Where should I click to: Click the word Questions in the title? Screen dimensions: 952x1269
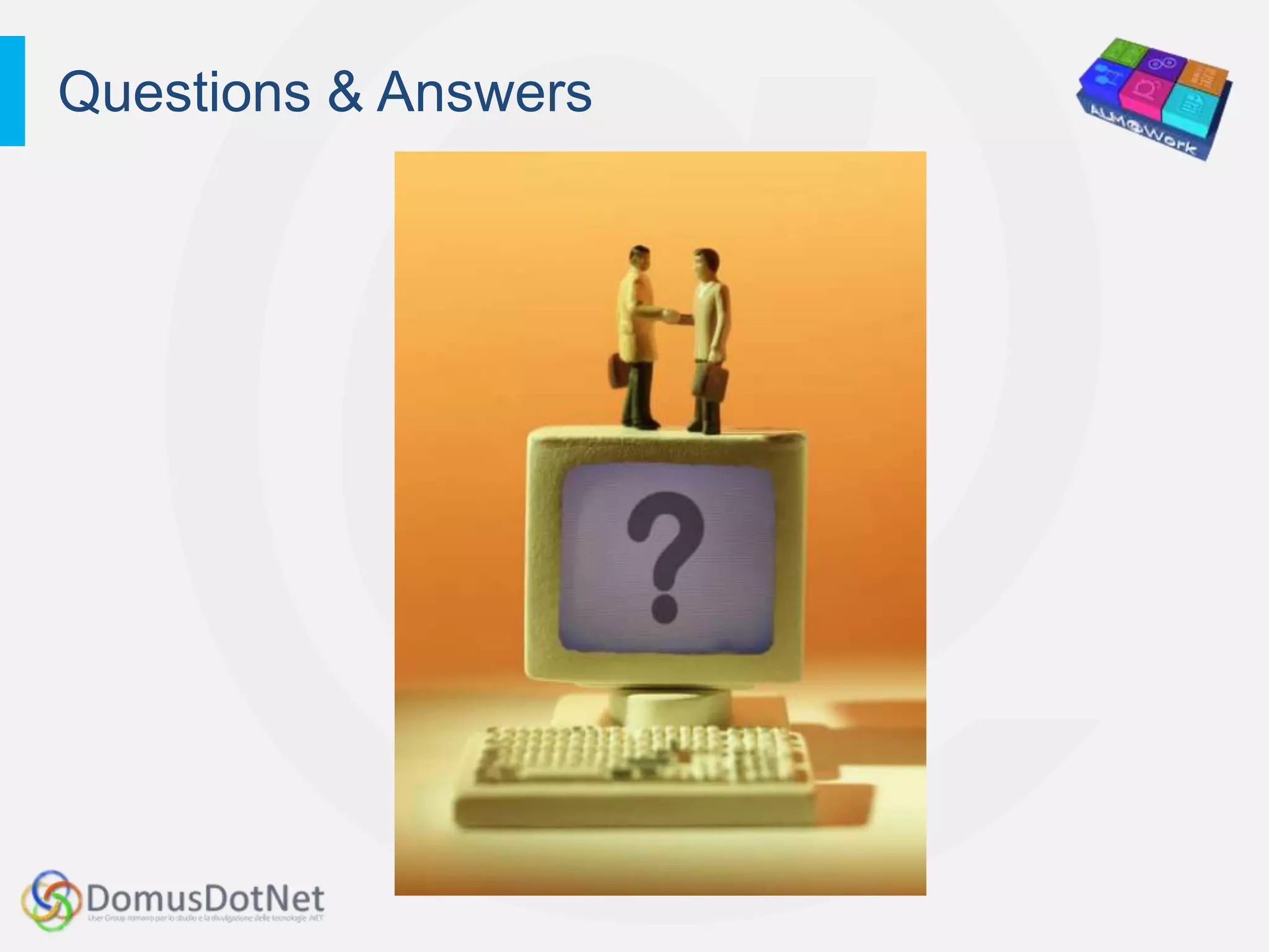coord(184,93)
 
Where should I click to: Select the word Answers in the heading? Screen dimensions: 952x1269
coord(485,93)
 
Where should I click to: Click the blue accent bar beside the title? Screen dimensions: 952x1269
coord(12,91)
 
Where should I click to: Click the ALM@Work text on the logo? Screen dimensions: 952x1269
coord(1143,130)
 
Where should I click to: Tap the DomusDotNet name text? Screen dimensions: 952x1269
coord(205,898)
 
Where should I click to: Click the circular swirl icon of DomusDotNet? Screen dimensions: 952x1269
coord(51,900)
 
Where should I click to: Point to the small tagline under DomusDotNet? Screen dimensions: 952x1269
coord(205,919)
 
